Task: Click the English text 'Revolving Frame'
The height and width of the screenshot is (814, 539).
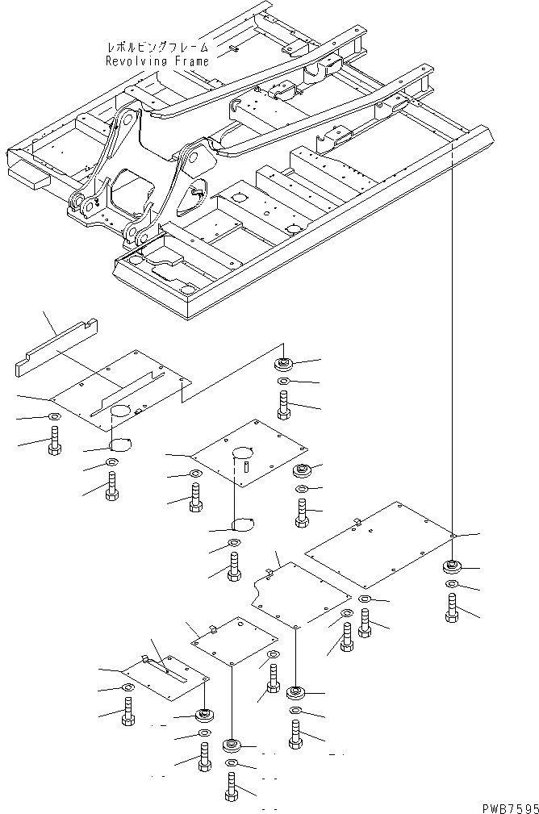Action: click(157, 61)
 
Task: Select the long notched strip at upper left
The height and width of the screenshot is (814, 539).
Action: click(56, 348)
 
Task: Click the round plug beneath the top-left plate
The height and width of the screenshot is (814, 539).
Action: click(121, 442)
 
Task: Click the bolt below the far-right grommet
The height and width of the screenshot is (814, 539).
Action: click(452, 607)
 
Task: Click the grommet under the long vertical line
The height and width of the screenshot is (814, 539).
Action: click(452, 566)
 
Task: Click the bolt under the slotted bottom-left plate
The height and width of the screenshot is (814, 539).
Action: click(127, 712)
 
